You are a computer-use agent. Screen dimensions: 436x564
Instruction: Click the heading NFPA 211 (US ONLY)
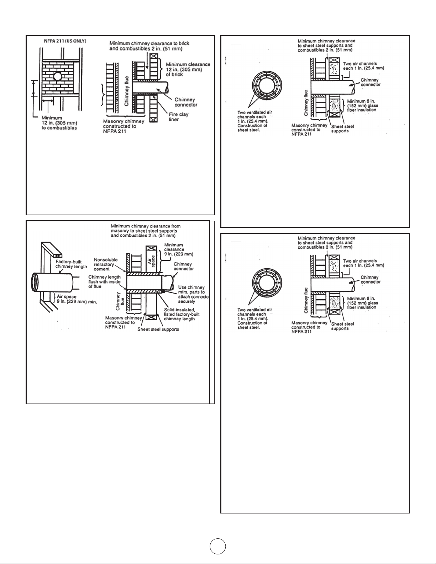pos(65,41)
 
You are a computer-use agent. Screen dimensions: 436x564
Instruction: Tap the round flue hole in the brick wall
pos(58,76)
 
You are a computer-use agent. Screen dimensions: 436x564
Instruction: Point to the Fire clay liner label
pos(179,117)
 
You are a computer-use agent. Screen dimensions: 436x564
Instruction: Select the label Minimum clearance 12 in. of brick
pos(188,69)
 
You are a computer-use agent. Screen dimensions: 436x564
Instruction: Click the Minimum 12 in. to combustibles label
pos(59,123)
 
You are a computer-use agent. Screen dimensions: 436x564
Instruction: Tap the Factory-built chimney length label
pos(71,264)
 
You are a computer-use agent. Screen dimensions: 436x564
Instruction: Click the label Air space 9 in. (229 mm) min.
pos(77,299)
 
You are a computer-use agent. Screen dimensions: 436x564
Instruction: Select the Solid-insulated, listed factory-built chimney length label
pos(182,314)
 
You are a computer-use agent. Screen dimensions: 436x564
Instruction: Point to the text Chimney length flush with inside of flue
pos(104,281)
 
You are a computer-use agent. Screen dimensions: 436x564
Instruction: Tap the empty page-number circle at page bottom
pos(218,546)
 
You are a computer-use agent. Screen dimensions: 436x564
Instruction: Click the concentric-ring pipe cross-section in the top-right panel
pos(267,86)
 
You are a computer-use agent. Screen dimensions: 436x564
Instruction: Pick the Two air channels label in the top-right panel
pos(364,66)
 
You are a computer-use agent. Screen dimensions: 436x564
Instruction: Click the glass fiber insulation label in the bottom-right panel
pos(363,303)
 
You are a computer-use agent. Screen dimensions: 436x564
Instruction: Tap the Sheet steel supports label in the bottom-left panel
pos(158,329)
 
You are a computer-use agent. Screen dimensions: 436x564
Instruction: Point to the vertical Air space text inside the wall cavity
pos(151,260)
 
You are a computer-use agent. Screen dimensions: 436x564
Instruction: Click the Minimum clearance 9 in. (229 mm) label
pos(179,249)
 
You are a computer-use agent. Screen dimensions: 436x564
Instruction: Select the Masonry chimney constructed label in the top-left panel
pos(124,126)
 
